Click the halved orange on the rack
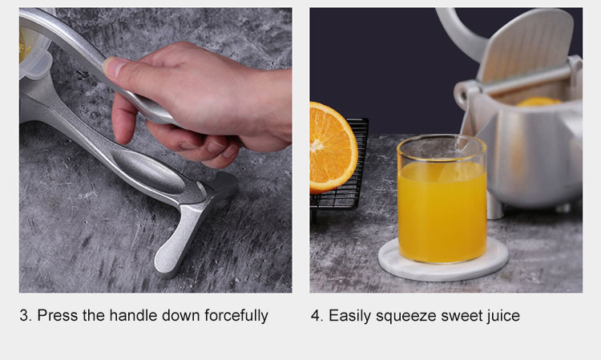click(332, 148)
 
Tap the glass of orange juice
click(442, 200)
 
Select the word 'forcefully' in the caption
click(236, 316)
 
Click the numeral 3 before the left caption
click(24, 316)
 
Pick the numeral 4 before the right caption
click(316, 316)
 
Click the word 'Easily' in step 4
click(350, 316)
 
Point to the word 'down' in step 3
click(181, 316)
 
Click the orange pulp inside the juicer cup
click(538, 102)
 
